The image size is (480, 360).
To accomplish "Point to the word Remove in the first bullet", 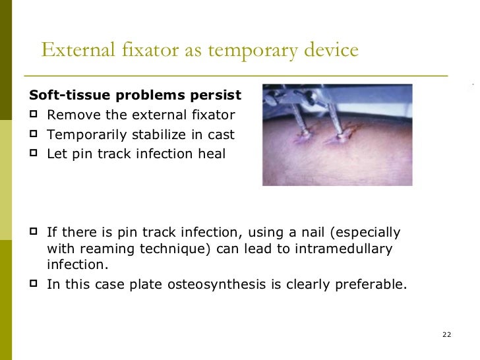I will point(71,115).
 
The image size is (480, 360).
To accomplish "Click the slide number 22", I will point(446,336).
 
